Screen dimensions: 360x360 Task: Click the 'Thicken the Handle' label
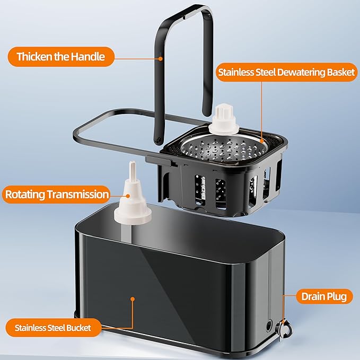pyautogui.click(x=61, y=57)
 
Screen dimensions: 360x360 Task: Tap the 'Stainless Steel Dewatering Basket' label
pyautogui.click(x=286, y=72)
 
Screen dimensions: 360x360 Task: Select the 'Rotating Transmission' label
pyautogui.click(x=57, y=194)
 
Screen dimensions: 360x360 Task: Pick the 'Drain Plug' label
pyautogui.click(x=324, y=296)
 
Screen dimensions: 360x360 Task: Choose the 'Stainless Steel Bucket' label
pyautogui.click(x=53, y=328)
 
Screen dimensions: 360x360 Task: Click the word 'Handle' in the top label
pyautogui.click(x=87, y=57)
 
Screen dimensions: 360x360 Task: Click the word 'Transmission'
pyautogui.click(x=78, y=194)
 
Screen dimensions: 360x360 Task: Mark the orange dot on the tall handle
pyautogui.click(x=161, y=59)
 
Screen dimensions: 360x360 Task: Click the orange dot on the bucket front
pyautogui.click(x=133, y=299)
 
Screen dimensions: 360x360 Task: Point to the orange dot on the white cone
pyautogui.click(x=128, y=196)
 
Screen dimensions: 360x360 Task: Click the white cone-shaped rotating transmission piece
pyautogui.click(x=133, y=200)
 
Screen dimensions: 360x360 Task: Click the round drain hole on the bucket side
pyautogui.click(x=269, y=326)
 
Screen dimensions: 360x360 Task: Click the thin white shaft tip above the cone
pyautogui.click(x=132, y=169)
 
